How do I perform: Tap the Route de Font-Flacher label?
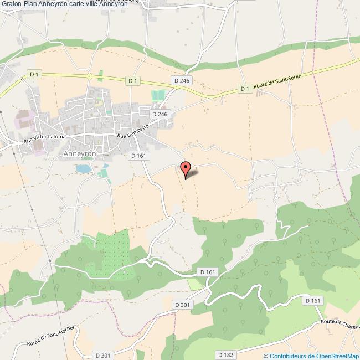[x=50, y=337]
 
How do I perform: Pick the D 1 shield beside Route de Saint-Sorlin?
[x=245, y=88]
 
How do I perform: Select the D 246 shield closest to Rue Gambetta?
[x=160, y=114]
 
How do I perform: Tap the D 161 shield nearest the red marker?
[x=138, y=156]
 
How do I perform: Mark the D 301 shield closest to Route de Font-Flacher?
[x=103, y=355]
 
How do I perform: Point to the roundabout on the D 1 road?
[x=88, y=76]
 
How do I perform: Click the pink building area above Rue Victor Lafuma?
[x=24, y=119]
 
